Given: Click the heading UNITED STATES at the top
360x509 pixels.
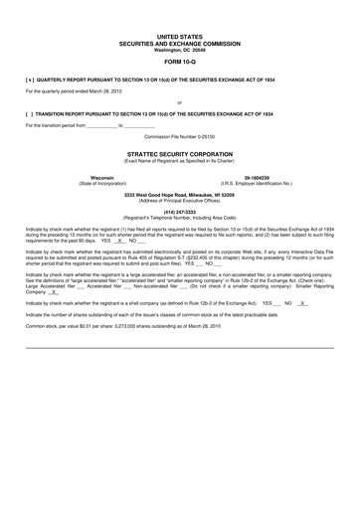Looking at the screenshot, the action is (179, 36).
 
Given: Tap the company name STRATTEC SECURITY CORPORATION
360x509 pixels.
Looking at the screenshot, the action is (179, 155).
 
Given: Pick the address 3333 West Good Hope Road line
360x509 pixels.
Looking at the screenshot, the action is (179, 194).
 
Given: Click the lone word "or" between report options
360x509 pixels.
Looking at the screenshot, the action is (179, 102).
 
